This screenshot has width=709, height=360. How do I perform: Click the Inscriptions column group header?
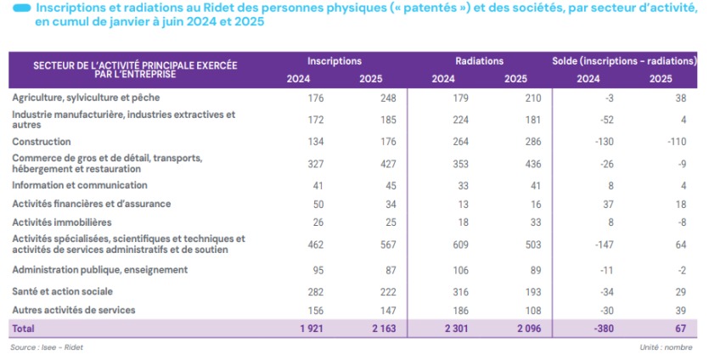point(335,61)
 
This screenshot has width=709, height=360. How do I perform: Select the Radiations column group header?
point(479,61)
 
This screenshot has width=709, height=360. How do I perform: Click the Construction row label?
point(42,142)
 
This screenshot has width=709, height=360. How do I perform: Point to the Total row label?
point(23,328)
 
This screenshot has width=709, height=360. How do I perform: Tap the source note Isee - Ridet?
point(42,348)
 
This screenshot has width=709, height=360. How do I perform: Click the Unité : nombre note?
point(667,348)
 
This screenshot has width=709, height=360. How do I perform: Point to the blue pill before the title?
point(23,8)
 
